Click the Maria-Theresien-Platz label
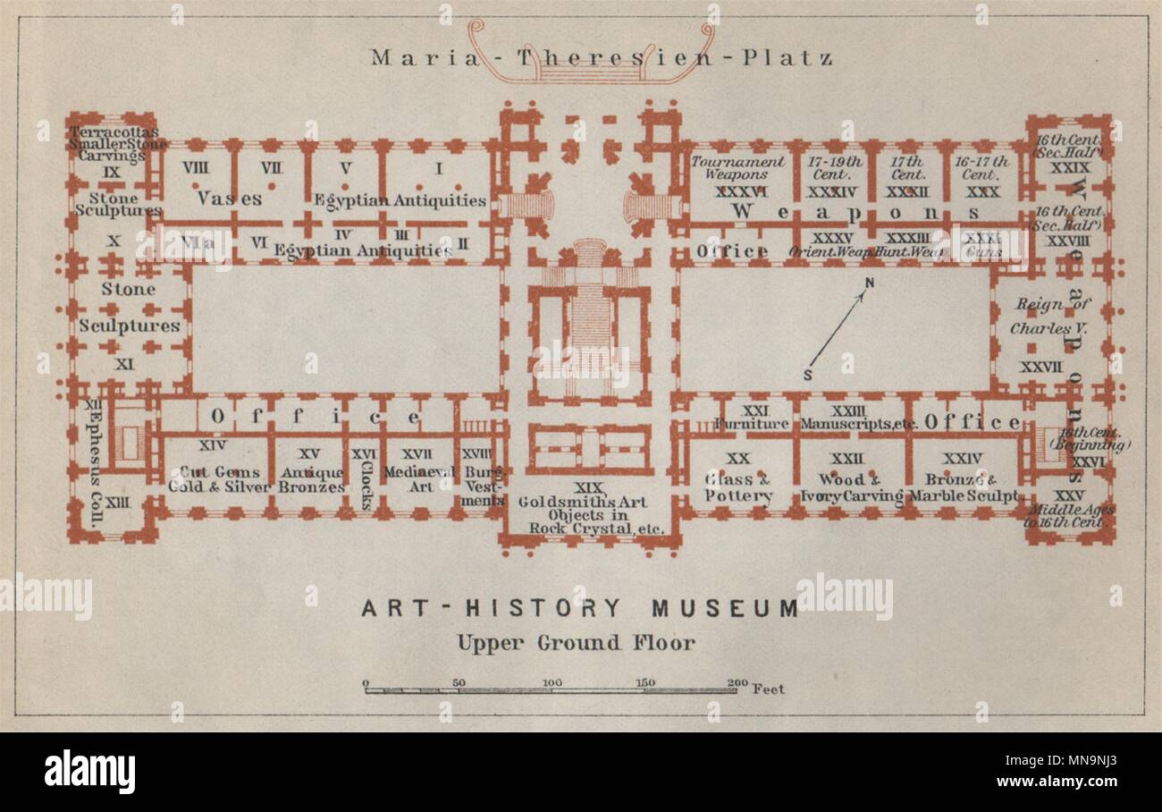pos(602,59)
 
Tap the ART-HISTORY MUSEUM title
pos(580,609)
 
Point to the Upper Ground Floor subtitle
pos(576,642)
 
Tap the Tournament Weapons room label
pos(738,169)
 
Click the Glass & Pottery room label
pos(738,487)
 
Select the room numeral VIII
pos(195,166)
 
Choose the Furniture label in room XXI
pos(752,423)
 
